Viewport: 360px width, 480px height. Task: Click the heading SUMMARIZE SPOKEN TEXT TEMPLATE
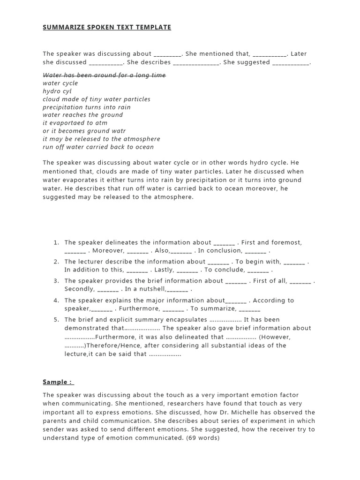(107, 28)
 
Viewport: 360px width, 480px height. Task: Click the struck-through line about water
(104, 75)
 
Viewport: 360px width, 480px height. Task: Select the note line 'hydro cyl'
(57, 91)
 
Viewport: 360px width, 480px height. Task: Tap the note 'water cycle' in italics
(60, 83)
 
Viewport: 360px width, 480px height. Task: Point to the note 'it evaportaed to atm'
(75, 123)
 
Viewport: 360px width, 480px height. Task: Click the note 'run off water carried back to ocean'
(98, 147)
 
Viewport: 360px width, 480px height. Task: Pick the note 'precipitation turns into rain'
(87, 107)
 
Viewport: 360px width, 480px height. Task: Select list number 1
(56, 243)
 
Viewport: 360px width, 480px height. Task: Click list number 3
(56, 281)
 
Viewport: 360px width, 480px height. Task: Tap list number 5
(56, 320)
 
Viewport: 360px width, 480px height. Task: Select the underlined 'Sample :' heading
(59, 382)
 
